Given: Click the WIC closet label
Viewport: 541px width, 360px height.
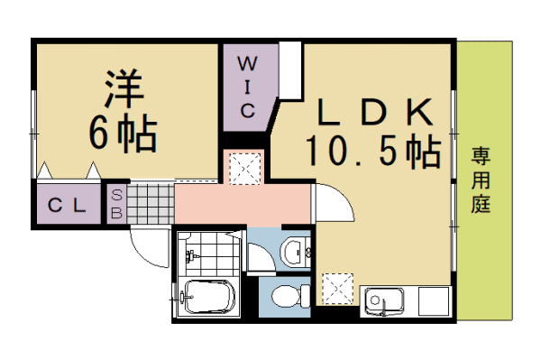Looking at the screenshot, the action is [x=248, y=88].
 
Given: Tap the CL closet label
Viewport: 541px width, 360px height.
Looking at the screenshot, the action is [x=67, y=206].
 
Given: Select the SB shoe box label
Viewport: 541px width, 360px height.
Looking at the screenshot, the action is [x=116, y=204].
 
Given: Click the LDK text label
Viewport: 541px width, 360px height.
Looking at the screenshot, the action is [x=375, y=112].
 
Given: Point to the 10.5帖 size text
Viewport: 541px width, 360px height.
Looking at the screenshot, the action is [x=373, y=152].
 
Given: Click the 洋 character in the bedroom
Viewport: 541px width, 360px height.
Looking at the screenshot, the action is [x=124, y=88].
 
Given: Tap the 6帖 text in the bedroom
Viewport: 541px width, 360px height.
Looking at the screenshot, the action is [x=124, y=133].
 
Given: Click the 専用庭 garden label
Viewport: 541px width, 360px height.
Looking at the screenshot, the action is [x=481, y=180].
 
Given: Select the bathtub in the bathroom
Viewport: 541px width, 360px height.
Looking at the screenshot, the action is [x=209, y=297].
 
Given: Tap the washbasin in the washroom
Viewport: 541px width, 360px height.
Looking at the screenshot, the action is [x=293, y=252].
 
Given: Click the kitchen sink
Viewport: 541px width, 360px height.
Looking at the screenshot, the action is [x=384, y=301].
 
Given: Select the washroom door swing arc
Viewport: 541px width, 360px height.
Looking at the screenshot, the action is [x=268, y=251].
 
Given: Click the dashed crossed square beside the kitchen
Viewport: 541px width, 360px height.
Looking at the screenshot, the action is [x=337, y=289].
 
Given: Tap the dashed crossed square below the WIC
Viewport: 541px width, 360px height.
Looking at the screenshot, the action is [x=245, y=169].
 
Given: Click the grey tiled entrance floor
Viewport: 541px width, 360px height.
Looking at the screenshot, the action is [x=151, y=204].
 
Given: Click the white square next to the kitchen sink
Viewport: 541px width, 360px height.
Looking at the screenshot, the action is [x=434, y=301].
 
